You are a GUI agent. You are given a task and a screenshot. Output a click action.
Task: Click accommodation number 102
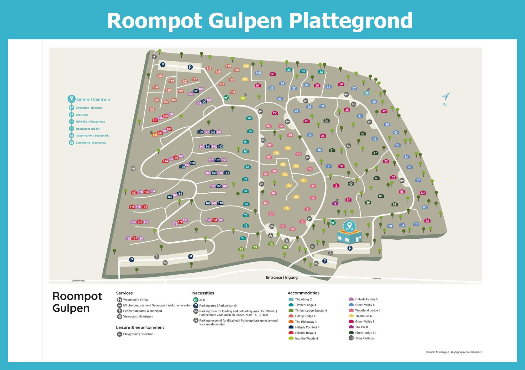[x=246, y=66]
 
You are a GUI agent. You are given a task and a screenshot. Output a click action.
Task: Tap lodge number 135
[x=155, y=135]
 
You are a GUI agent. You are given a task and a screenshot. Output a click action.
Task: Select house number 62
[x=427, y=220]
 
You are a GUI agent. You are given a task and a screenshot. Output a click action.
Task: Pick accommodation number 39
[x=366, y=93]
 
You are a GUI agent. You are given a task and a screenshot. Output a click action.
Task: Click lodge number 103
[x=243, y=98]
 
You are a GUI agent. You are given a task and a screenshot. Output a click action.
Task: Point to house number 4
[x=335, y=203]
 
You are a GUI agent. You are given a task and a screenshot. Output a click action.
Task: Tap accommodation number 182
[x=128, y=238]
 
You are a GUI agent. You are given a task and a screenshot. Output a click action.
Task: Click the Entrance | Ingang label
[x=282, y=277]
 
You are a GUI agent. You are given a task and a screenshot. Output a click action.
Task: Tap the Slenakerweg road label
[x=78, y=281]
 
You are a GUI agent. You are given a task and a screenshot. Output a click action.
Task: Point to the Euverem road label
[x=377, y=278]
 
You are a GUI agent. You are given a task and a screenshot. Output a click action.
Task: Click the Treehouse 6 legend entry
[x=363, y=316]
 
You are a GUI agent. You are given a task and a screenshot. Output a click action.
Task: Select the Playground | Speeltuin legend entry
[x=138, y=334]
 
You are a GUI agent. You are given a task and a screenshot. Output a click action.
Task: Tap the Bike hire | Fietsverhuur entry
[x=91, y=122]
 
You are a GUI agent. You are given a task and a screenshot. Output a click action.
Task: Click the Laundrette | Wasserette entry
[x=91, y=143]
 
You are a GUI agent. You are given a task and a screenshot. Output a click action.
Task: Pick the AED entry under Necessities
[x=202, y=300]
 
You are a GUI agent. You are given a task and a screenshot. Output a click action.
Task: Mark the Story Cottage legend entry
[x=364, y=338]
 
